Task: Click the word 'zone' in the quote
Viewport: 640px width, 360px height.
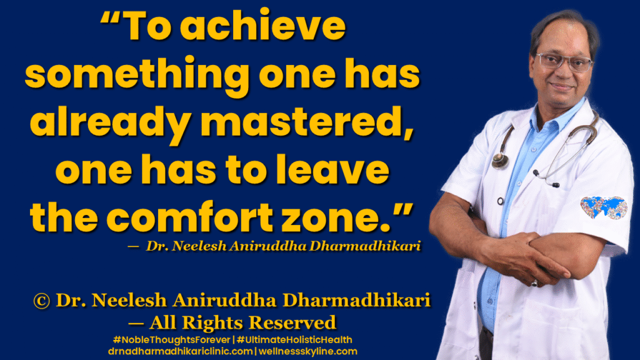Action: [338, 217]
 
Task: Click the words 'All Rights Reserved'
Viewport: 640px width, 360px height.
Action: [242, 322]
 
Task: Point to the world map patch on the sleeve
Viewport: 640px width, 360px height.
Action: [603, 207]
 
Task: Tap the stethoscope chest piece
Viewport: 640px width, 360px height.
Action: [500, 161]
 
